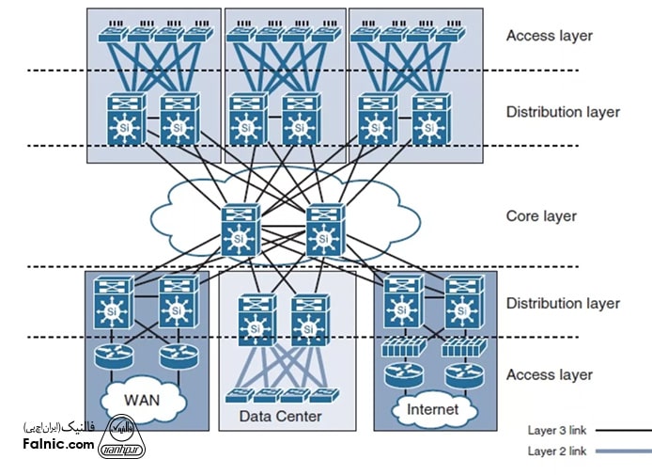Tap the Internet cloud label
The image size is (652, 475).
(433, 409)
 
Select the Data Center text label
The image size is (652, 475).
(280, 416)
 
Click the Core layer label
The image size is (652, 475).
(541, 215)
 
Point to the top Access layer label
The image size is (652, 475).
(550, 36)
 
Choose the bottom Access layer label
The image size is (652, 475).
(550, 374)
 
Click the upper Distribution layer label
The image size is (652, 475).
(563, 112)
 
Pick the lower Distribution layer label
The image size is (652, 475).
(563, 303)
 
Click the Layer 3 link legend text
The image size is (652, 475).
(557, 431)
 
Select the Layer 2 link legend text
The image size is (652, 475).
(557, 451)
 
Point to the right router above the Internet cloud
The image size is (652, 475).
(462, 374)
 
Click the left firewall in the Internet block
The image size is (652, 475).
(402, 349)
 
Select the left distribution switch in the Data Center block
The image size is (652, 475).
(255, 319)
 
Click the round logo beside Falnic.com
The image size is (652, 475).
(121, 438)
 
